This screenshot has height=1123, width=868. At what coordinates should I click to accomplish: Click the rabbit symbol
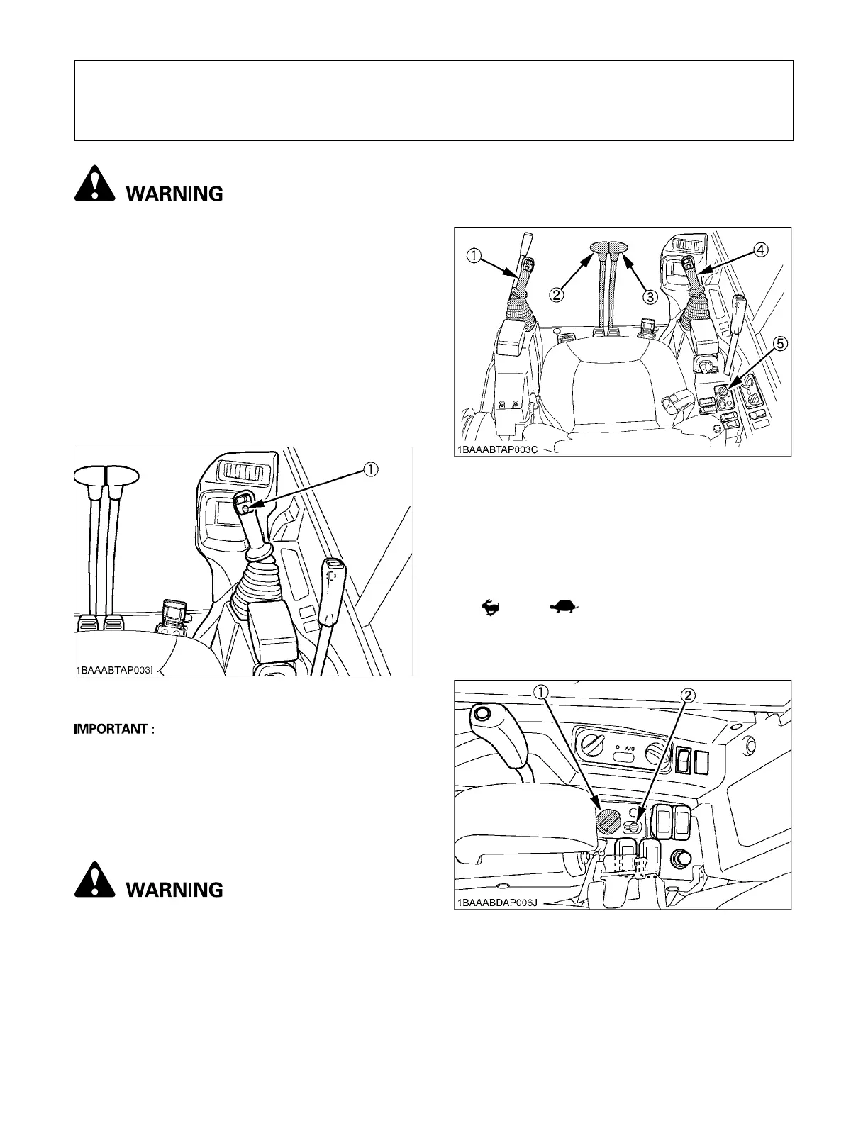490,607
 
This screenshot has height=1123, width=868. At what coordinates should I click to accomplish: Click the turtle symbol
564,606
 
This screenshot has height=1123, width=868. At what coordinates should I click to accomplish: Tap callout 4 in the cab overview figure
759,249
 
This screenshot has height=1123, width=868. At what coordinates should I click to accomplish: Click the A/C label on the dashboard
629,747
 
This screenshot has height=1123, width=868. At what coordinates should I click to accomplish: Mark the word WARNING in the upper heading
174,194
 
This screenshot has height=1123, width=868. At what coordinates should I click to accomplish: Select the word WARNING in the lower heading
174,889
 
